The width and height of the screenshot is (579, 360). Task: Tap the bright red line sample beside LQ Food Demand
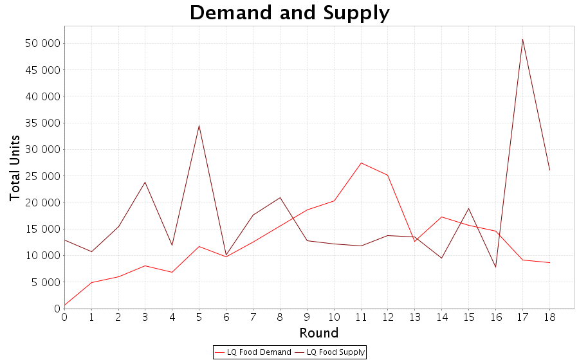pos(219,352)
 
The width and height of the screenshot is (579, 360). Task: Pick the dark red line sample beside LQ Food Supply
pos(299,352)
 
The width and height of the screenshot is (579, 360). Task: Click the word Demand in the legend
pos(277,352)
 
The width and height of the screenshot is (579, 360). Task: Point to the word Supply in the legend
pos(353,352)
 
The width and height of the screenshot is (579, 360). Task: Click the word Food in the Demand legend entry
pos(250,352)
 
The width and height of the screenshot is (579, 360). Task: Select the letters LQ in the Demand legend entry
pos(232,352)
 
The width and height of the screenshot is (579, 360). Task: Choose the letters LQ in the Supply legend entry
pos(312,352)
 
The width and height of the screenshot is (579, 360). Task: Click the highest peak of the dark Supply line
pos(522,40)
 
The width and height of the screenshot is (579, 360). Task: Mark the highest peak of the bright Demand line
pos(361,163)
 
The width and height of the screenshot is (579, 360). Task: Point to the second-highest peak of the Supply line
pos(199,125)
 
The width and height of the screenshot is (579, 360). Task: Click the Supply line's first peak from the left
pos(145,182)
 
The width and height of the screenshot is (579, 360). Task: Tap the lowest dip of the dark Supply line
pos(495,267)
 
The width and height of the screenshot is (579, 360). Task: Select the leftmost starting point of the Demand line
pos(65,304)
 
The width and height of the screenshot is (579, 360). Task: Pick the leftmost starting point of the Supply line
pos(65,240)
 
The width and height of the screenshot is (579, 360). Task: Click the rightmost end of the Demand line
pos(549,263)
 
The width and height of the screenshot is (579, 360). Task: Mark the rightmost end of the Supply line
pos(549,172)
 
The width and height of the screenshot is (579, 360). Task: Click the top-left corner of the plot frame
pos(64,26)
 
